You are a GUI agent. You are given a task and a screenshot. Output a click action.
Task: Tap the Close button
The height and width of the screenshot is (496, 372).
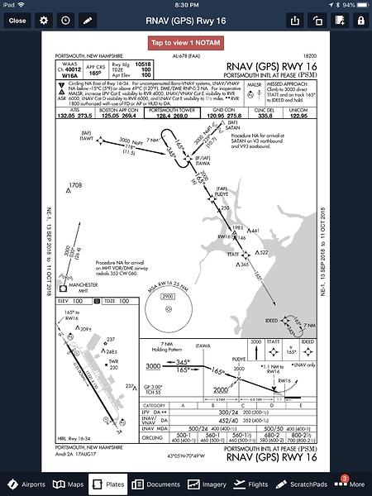(x=17, y=19)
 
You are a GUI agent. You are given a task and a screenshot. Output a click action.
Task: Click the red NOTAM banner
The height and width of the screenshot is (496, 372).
(x=186, y=42)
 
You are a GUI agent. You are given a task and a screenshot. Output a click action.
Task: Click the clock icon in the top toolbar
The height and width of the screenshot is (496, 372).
(x=66, y=19)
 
